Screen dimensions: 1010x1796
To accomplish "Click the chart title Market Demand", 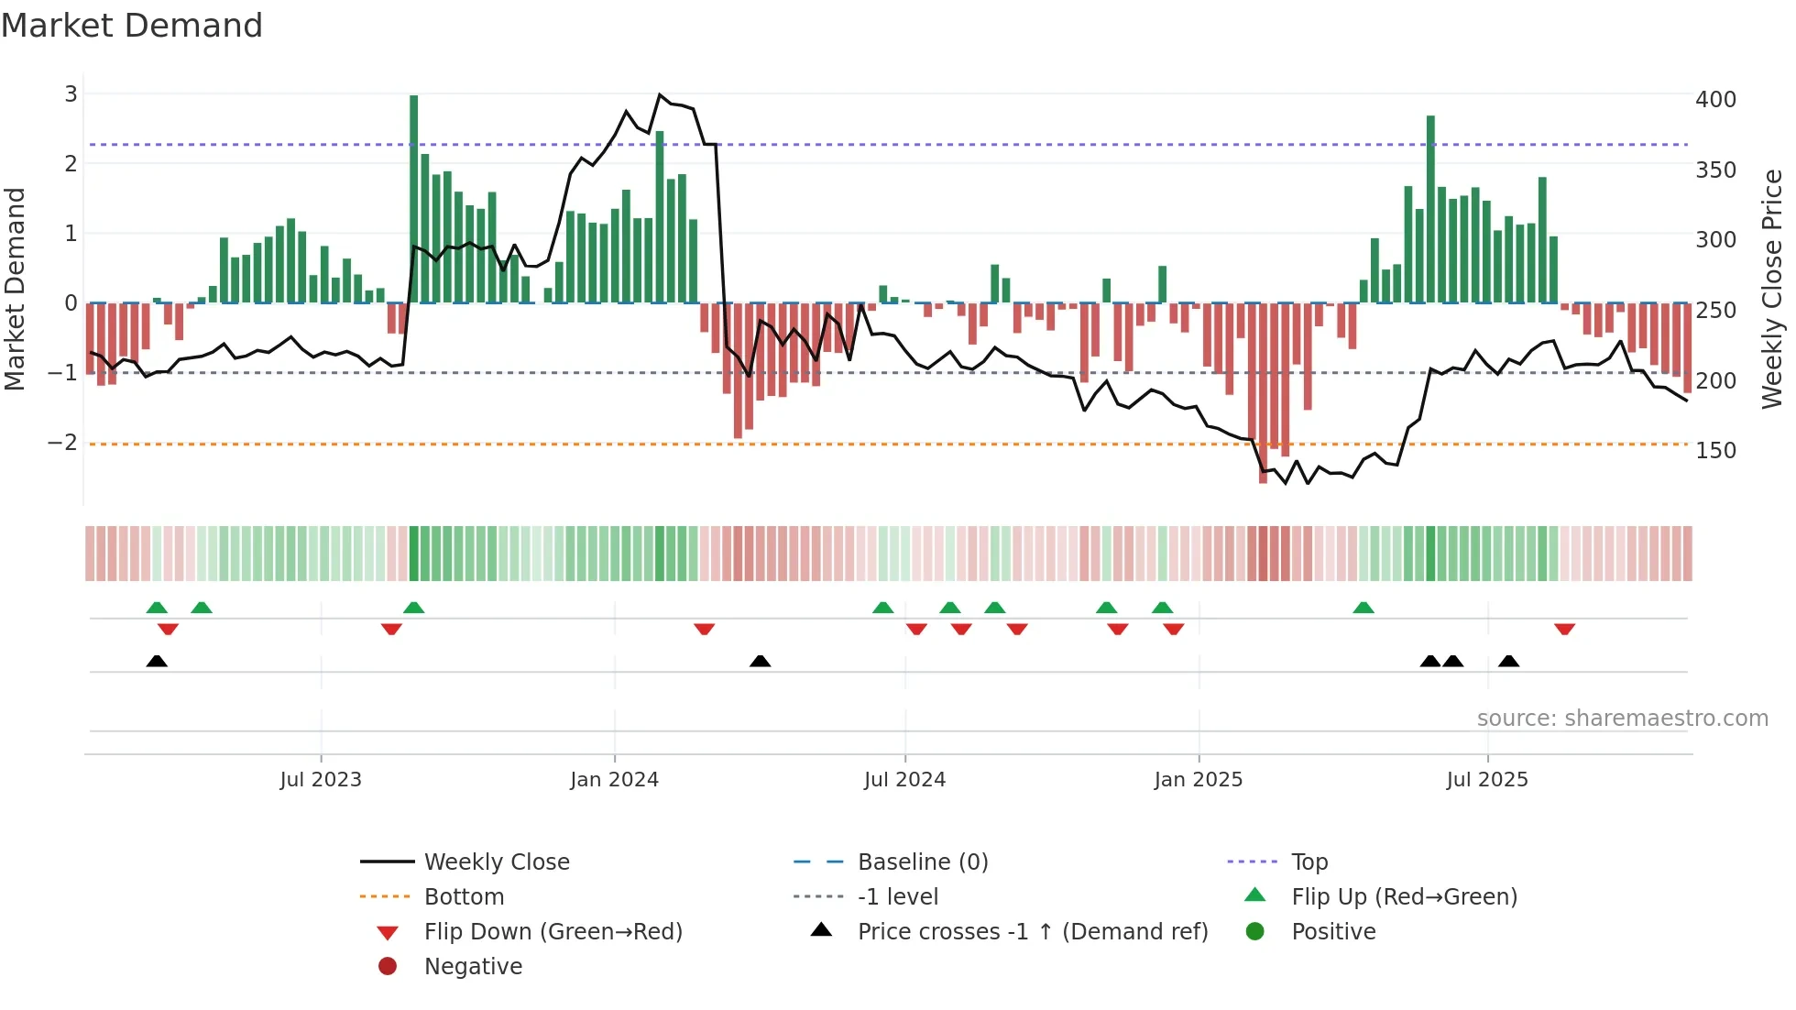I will [132, 26].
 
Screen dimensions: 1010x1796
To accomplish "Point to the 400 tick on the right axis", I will [1715, 99].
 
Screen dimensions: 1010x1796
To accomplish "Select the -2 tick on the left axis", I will [62, 442].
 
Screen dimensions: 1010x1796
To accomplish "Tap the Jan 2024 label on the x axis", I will [614, 779].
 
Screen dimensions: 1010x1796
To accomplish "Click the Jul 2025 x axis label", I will [1487, 779].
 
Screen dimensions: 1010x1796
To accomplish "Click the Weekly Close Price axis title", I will [1772, 289].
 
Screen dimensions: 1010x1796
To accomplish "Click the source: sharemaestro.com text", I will [1622, 718].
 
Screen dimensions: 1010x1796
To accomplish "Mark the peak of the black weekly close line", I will [660, 94].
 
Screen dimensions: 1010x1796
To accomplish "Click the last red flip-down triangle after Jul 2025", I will [1564, 629].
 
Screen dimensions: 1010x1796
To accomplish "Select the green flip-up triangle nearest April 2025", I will [1363, 608].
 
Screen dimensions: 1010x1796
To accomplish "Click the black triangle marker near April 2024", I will [760, 661].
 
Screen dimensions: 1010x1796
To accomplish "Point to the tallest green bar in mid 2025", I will [1430, 209].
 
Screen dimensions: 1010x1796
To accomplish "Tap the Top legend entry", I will [1309, 862].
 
